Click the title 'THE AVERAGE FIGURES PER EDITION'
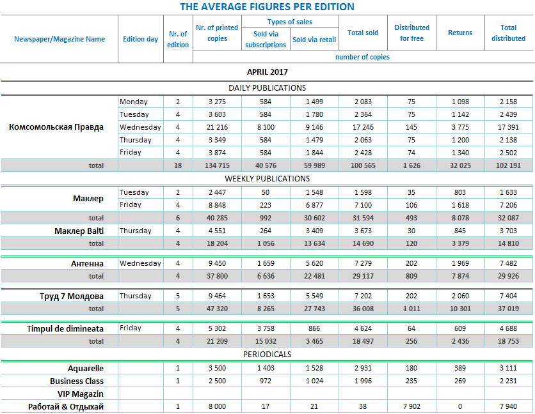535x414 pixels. pos(267,7)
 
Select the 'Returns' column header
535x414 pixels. pos(459,33)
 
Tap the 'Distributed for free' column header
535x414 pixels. pos(411,33)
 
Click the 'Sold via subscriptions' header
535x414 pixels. pos(266,39)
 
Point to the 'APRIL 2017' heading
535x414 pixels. pos(267,72)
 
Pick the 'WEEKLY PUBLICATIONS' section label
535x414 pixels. pos(267,178)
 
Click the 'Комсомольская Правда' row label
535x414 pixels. pos(56,126)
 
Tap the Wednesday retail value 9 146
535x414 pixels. pos(314,127)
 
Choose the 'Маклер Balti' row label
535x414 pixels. pos(79,231)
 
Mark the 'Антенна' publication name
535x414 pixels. pos(87,263)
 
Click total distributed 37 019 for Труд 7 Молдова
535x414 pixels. pos(508,309)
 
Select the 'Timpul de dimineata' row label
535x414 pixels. pos(65,328)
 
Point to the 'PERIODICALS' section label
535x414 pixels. pos(267,354)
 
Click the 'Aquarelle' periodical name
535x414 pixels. pos(85,368)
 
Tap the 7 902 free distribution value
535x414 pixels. pos(411,407)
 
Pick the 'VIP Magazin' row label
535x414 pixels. pos(82,394)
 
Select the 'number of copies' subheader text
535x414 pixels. pos(362,57)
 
